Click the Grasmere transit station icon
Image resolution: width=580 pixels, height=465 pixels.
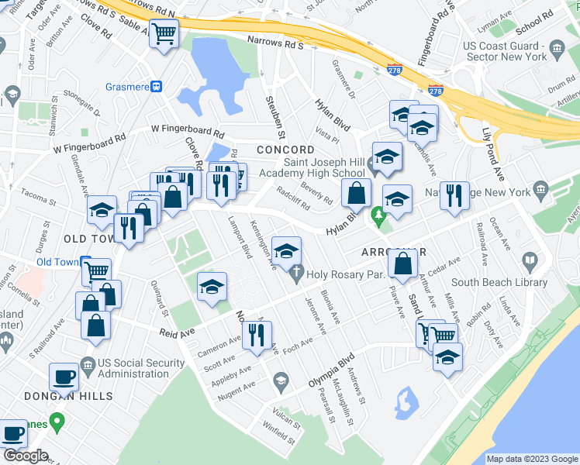tap(156, 87)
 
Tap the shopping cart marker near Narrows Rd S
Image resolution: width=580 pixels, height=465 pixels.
tap(164, 33)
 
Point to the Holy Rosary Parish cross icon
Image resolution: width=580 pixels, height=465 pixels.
tap(295, 272)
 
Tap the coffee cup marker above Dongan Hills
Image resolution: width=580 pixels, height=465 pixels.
tap(63, 377)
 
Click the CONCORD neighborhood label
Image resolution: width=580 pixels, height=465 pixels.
tap(286, 149)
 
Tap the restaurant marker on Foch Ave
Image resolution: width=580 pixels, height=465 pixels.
tap(255, 335)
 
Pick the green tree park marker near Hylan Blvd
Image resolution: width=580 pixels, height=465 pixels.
tap(379, 218)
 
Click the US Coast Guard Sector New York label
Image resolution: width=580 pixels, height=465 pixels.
tap(505, 52)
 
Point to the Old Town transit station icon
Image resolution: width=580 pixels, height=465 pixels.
tap(84, 262)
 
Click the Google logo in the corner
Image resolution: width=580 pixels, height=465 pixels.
tap(26, 456)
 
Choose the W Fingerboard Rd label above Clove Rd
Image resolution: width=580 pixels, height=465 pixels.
tap(187, 129)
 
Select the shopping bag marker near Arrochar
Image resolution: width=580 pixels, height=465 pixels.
tap(403, 266)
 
